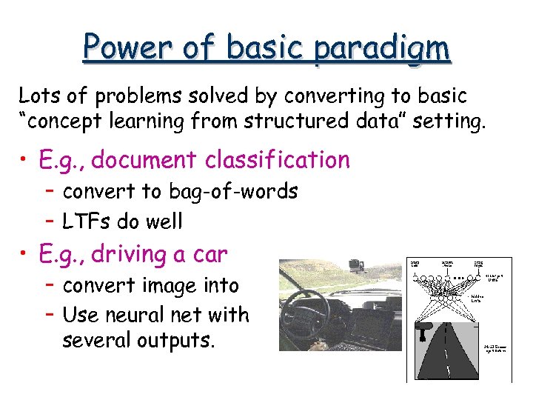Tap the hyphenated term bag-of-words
click(x=233, y=192)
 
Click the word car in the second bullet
click(x=208, y=254)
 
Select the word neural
click(x=141, y=315)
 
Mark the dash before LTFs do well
click(x=50, y=221)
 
